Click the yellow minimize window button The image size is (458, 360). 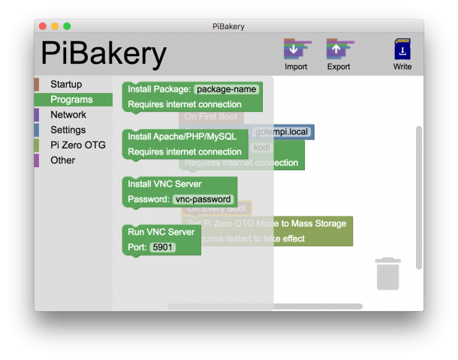tap(55, 26)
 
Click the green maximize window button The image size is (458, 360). tap(67, 26)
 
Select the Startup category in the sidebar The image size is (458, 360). tap(66, 84)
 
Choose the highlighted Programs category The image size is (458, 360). tap(71, 100)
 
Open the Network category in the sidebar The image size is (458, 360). tap(68, 115)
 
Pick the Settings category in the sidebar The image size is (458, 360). tap(68, 130)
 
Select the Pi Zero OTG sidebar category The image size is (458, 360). tap(78, 145)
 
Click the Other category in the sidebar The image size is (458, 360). tap(62, 160)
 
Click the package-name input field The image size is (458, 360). tap(227, 89)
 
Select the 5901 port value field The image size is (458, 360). tap(163, 247)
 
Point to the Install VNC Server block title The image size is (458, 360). tap(164, 184)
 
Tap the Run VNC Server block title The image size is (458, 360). tap(161, 232)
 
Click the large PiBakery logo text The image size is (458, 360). tap(104, 54)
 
